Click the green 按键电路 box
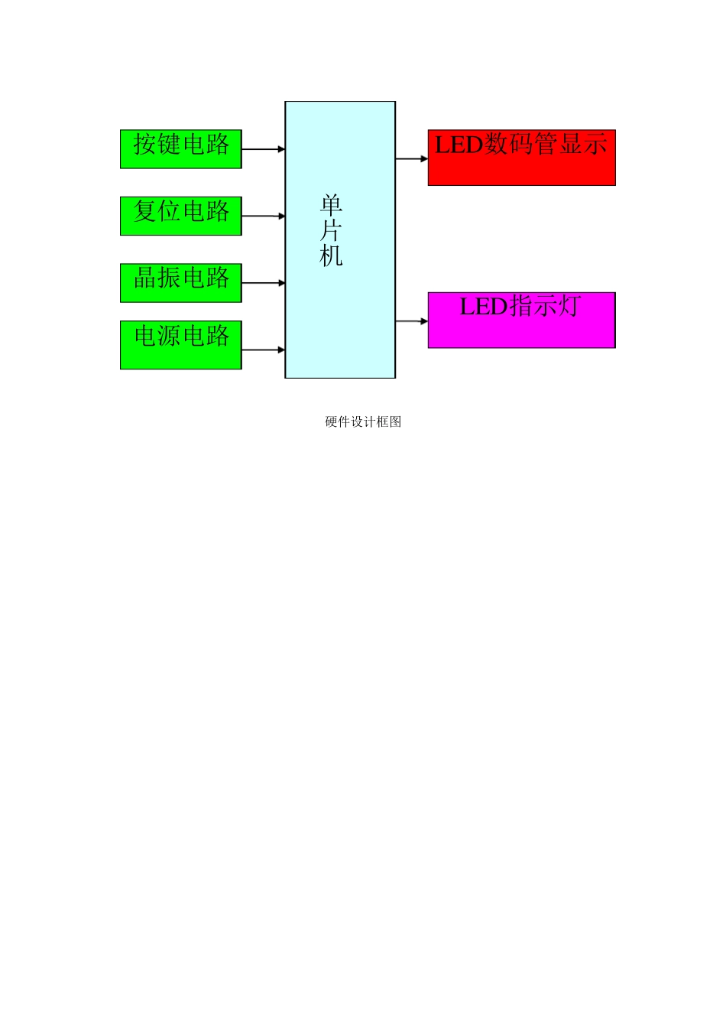tap(180, 149)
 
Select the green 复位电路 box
tap(180, 216)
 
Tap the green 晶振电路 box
tap(180, 283)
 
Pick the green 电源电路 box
tap(180, 345)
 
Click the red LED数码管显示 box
tap(521, 158)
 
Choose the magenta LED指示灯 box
tap(521, 320)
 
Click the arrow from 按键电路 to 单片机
tap(263, 149)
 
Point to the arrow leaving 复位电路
tap(263, 216)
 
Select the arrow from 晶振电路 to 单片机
tap(263, 283)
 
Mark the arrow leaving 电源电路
tap(263, 350)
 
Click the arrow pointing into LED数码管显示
tap(412, 159)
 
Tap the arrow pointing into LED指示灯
tap(412, 321)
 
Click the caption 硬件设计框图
tap(363, 421)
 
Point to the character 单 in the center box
tap(331, 205)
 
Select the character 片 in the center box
tap(331, 230)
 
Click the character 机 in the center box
tap(331, 255)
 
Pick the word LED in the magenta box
tap(483, 307)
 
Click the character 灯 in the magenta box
tap(569, 306)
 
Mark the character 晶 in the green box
tap(146, 277)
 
